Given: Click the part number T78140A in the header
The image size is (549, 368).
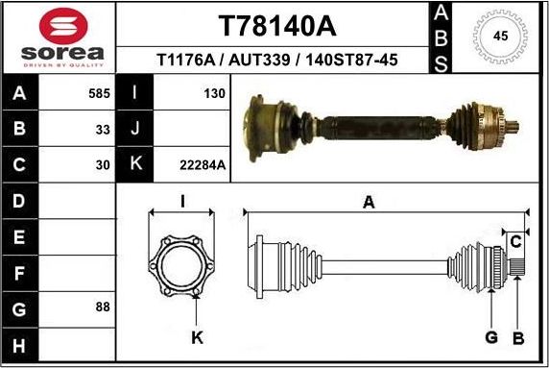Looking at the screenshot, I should tap(272, 24).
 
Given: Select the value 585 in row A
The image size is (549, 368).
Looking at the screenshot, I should tap(99, 94).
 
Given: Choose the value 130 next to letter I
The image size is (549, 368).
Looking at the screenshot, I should tap(214, 94).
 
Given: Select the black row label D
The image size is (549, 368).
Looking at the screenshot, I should tap(20, 201).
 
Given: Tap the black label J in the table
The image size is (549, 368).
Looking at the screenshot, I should tap(135, 129).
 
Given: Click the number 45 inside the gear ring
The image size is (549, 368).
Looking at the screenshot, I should tap(500, 37).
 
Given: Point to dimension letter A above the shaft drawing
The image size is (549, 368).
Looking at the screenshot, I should tap(369, 201).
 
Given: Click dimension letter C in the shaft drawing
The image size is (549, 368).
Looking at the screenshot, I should tap(515, 239).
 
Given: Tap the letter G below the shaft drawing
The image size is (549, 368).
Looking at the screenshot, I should tap(490, 337).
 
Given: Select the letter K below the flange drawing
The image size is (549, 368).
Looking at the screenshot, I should tap(197, 337).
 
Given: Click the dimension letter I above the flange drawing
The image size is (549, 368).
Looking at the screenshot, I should tap(182, 201).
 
